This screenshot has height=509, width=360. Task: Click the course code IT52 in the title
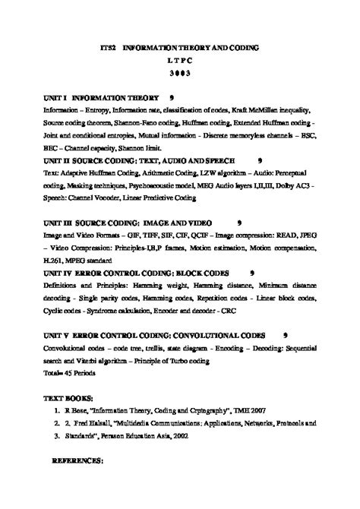tap(110, 47)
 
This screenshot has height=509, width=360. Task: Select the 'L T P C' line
tap(180, 60)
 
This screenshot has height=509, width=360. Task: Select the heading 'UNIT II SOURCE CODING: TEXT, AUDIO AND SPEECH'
tap(139, 161)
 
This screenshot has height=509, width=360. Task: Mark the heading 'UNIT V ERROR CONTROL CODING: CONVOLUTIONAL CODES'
tap(154, 334)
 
